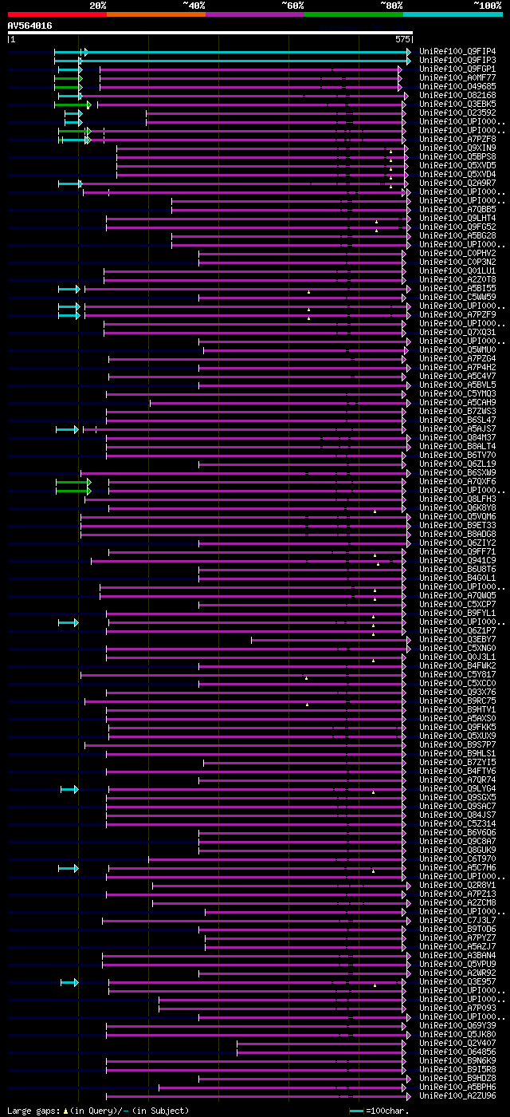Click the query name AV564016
pyautogui.click(x=30, y=26)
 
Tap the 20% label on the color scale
pyautogui.click(x=98, y=6)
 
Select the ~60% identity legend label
pyautogui.click(x=292, y=6)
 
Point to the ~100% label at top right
pyautogui.click(x=487, y=6)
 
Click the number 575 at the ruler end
pyautogui.click(x=402, y=38)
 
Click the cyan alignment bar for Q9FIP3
pyautogui.click(x=239, y=60)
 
